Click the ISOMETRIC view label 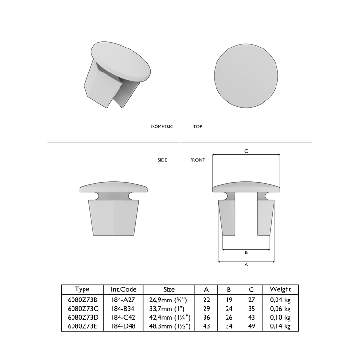click(x=162, y=127)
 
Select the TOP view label click(x=197, y=127)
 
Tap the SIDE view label click(x=162, y=160)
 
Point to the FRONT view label click(x=197, y=160)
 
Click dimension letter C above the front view click(x=246, y=151)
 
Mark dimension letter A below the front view click(x=246, y=264)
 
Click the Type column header click(x=83, y=289)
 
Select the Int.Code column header click(x=123, y=289)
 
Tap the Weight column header click(x=280, y=289)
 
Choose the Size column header click(x=169, y=289)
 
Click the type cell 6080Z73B click(x=83, y=300)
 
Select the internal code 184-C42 click(x=123, y=318)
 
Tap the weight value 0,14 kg click(x=280, y=327)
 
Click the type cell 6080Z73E click(x=83, y=327)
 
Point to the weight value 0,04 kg click(x=280, y=300)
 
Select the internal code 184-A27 click(x=123, y=300)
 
